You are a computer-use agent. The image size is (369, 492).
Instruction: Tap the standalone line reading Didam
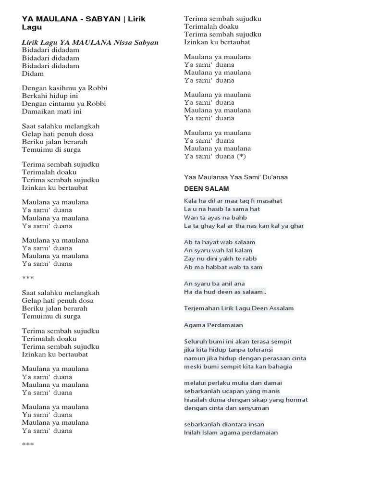pyautogui.click(x=33, y=74)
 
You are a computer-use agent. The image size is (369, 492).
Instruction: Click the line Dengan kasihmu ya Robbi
pyautogui.click(x=64, y=88)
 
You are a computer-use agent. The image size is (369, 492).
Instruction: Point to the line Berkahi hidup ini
pyautogui.click(x=50, y=96)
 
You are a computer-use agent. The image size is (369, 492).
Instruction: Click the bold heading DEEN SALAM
pyautogui.click(x=206, y=188)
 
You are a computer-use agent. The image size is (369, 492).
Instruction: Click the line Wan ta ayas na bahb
pyautogui.click(x=216, y=217)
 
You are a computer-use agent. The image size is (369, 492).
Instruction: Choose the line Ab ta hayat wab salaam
pyautogui.click(x=220, y=242)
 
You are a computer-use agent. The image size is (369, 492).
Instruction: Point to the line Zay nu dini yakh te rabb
pyautogui.click(x=220, y=258)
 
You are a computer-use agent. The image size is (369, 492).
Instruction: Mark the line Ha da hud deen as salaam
pyautogui.click(x=225, y=292)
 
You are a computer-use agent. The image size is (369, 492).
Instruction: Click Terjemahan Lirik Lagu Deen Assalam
pyautogui.click(x=239, y=308)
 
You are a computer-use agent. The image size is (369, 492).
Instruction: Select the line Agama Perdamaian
pyautogui.click(x=213, y=325)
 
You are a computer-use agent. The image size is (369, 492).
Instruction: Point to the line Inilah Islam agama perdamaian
pyautogui.click(x=231, y=432)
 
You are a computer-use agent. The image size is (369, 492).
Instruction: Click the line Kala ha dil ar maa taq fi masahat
pyautogui.click(x=233, y=200)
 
